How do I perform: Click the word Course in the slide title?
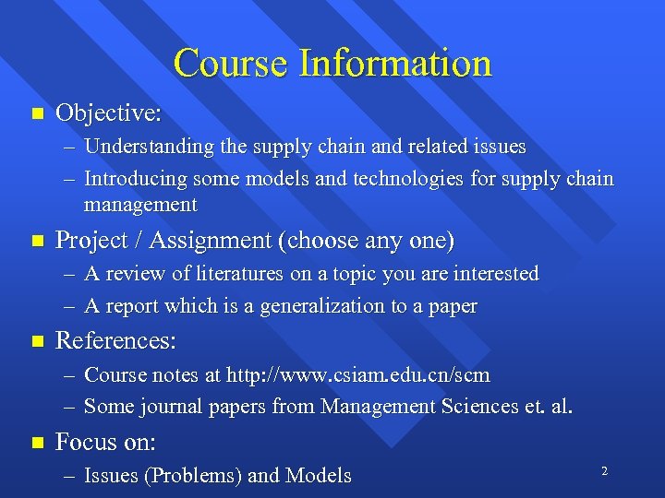[231, 63]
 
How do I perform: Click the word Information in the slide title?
[394, 63]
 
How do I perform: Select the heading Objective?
[109, 113]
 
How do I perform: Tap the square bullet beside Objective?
[37, 114]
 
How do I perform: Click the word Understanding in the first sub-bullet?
[147, 147]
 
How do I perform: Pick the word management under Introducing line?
[140, 204]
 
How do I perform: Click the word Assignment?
[214, 241]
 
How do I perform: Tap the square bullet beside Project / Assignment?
[37, 241]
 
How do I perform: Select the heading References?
[115, 341]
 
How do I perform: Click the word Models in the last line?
[319, 476]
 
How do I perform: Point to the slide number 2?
[604, 471]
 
